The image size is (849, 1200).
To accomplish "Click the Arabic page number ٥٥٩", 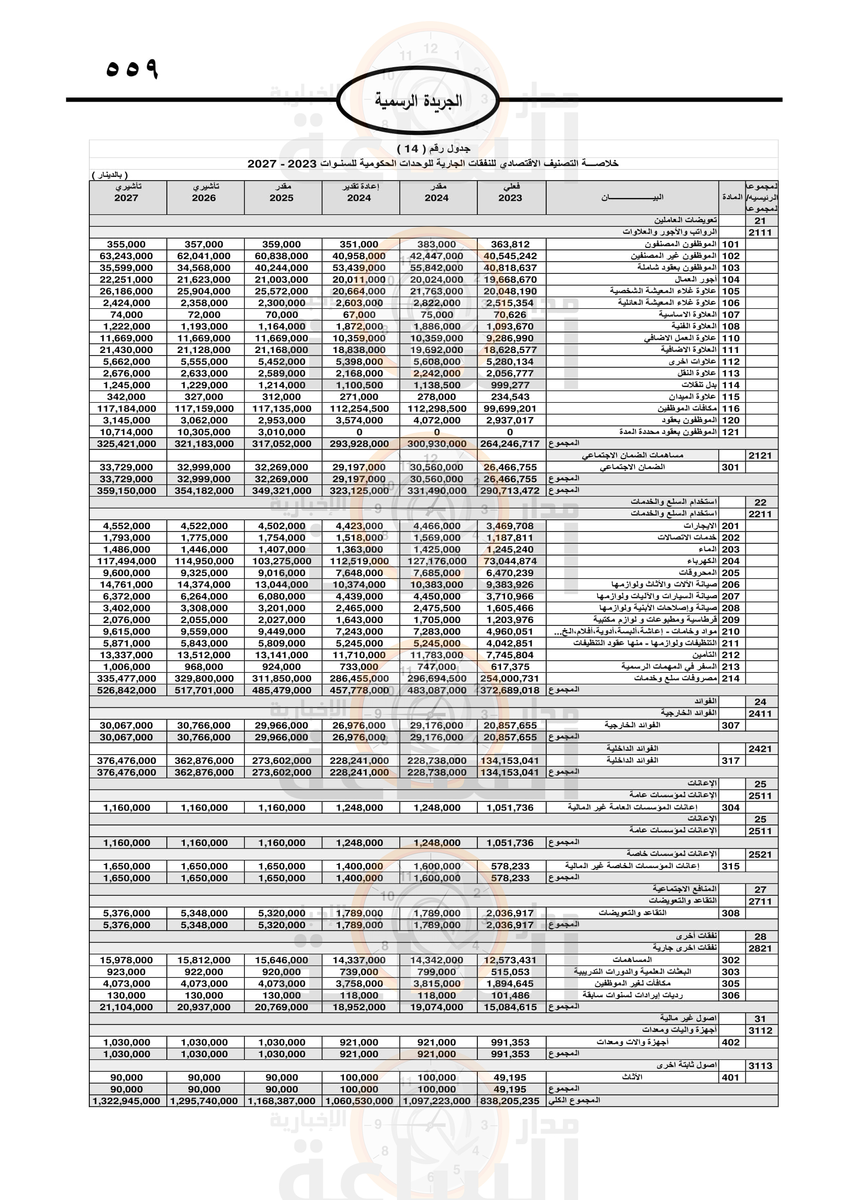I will tap(132, 68).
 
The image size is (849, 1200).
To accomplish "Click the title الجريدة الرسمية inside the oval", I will tap(418, 101).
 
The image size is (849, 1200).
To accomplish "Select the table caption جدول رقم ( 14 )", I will tap(433, 149).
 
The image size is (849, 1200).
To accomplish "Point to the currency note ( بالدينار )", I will tap(110, 175).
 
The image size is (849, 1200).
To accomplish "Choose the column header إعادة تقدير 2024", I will tap(359, 193).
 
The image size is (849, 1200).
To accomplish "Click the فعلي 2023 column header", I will tap(510, 193).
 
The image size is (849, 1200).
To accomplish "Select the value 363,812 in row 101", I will tap(510, 244).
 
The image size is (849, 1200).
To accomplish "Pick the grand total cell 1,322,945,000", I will tap(126, 1100).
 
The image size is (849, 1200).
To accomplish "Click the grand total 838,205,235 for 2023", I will tap(510, 1100).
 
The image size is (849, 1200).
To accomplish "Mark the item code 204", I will tap(730, 561).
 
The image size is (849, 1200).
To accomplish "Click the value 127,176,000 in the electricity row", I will tap(437, 561).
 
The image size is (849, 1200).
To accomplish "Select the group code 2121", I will tap(760, 455).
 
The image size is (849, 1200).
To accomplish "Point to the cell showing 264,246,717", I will tap(510, 444).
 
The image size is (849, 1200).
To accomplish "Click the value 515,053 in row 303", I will tap(510, 972).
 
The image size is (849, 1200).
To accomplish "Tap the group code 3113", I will tap(760, 1066).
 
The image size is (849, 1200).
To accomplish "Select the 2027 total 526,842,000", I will tap(126, 690).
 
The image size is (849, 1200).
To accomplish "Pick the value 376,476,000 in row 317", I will tap(126, 760).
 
